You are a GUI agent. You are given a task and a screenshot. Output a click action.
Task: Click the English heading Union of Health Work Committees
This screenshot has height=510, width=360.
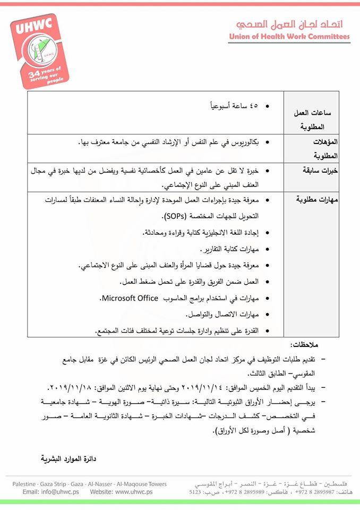(x=289, y=37)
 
